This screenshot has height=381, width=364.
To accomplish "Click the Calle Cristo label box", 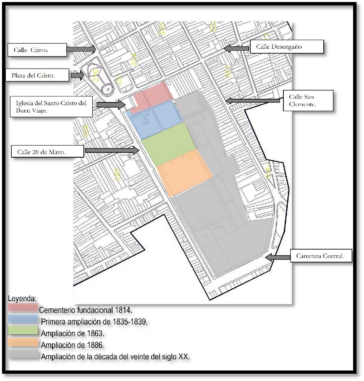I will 37,50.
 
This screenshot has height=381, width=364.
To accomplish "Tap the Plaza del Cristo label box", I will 37,75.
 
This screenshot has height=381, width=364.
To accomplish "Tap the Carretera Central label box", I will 321,256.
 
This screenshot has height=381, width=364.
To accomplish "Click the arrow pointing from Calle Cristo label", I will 81,49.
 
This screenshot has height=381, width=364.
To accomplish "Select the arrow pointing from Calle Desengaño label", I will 237,48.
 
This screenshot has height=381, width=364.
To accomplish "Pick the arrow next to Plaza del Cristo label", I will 77,75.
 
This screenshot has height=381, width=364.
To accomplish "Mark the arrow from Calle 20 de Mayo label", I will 112,150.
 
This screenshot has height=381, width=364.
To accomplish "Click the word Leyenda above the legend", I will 22,299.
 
